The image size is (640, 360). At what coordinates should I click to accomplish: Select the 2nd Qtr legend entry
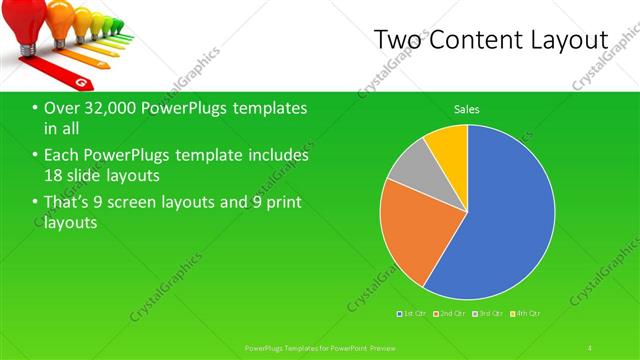pos(450,315)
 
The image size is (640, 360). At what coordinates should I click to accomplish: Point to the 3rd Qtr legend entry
pos(487,315)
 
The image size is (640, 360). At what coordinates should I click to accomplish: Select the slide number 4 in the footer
pos(590,347)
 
